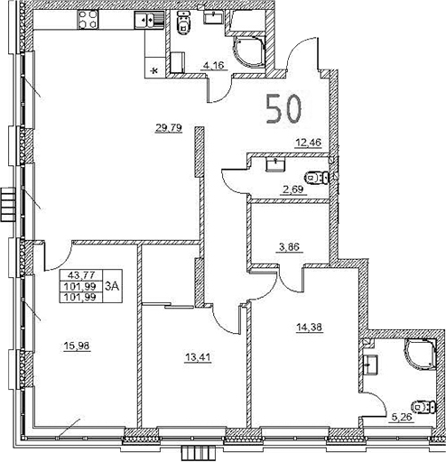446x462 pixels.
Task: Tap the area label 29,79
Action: click(x=169, y=128)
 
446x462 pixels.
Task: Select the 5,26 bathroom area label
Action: click(x=400, y=417)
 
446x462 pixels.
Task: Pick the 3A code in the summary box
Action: click(x=112, y=286)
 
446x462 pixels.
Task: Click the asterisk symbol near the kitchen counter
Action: click(x=153, y=69)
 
